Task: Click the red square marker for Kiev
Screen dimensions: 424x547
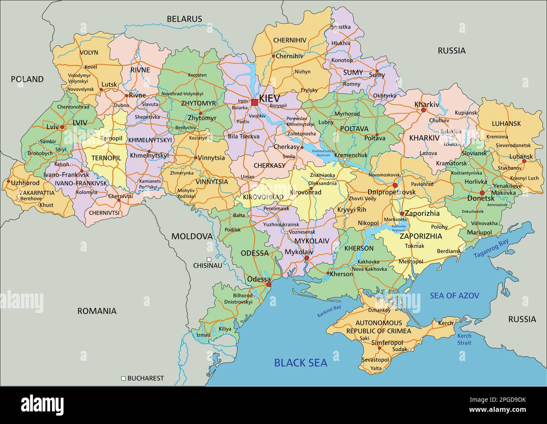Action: (x=254, y=102)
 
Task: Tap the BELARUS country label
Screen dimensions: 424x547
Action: (x=184, y=19)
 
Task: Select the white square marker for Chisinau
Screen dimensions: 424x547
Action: (x=209, y=260)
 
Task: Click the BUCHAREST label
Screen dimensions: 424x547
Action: (x=145, y=378)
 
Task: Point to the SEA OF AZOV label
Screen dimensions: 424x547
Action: (x=454, y=296)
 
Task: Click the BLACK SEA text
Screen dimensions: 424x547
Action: (x=300, y=363)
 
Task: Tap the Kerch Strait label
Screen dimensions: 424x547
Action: (x=465, y=339)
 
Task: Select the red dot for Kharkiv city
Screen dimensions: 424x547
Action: (x=423, y=110)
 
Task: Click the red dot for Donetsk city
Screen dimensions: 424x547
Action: (x=482, y=193)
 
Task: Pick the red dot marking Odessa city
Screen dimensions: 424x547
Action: (x=269, y=285)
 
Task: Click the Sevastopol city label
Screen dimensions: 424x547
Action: (x=375, y=360)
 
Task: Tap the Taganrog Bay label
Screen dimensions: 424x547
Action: (x=491, y=249)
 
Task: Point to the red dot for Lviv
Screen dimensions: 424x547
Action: (x=62, y=127)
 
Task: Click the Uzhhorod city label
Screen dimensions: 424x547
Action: (x=25, y=183)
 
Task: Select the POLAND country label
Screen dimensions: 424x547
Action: (x=27, y=79)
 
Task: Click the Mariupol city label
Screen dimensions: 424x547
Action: (x=479, y=232)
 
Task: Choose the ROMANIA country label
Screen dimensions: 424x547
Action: (x=97, y=311)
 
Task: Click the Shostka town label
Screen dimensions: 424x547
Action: (x=341, y=27)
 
